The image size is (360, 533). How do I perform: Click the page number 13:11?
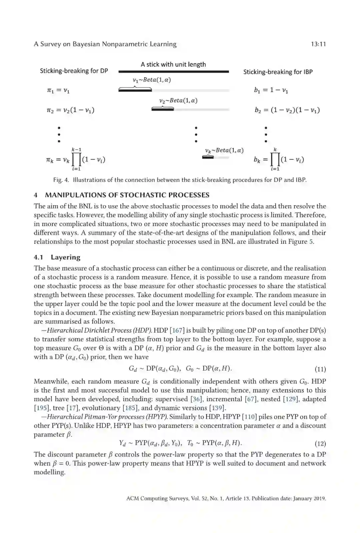(318, 44)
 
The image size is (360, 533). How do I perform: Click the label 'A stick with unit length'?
(173, 64)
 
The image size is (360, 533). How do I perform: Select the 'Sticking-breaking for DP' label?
(74, 71)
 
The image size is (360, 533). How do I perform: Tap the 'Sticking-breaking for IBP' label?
(278, 72)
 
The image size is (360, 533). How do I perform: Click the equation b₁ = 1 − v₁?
(271, 90)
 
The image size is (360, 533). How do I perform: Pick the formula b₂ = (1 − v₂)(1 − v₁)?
(287, 110)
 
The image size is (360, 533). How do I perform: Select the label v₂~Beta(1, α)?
(178, 100)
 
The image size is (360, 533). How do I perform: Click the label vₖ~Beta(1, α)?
(224, 150)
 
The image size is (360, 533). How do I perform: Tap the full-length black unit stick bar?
(173, 72)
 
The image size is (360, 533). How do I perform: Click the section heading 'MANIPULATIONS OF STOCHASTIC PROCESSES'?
(127, 195)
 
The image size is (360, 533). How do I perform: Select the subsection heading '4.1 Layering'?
(57, 257)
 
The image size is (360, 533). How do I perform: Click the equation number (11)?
(320, 369)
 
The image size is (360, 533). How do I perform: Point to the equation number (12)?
(320, 443)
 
